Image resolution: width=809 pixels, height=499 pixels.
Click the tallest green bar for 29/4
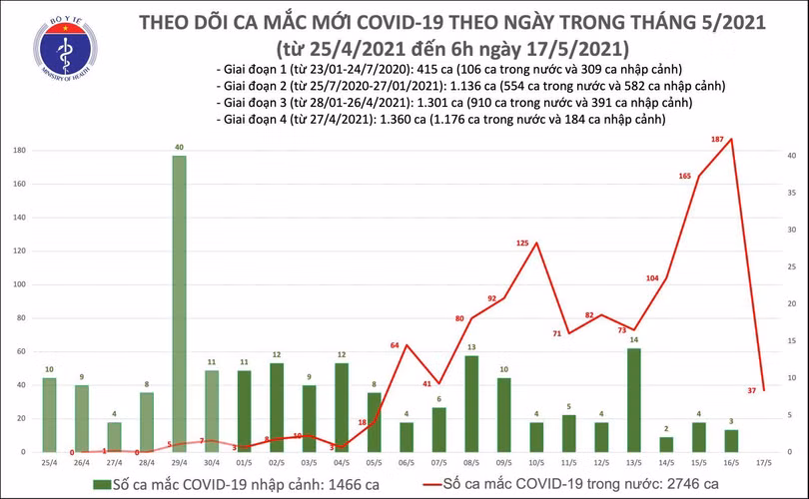(x=179, y=304)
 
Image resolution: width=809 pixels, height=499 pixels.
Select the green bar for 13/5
(x=634, y=399)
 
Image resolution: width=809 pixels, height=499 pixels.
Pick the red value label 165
(x=685, y=176)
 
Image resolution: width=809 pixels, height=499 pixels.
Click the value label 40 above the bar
(x=179, y=148)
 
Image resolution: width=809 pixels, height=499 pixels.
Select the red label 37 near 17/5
(x=750, y=390)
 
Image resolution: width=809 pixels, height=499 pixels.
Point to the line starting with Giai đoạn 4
(x=440, y=120)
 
